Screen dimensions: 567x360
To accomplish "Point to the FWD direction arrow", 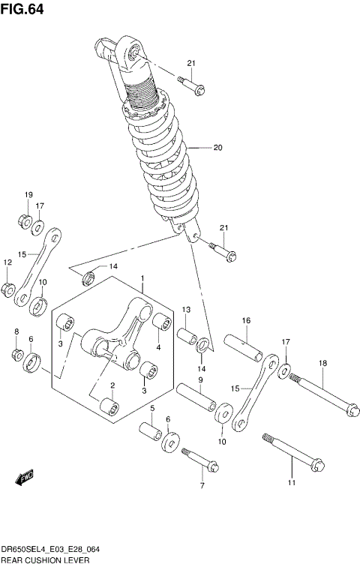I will [x=25, y=475].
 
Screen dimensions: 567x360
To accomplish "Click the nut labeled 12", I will [x=9, y=289].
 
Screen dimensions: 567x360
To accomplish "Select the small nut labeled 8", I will [x=16, y=353].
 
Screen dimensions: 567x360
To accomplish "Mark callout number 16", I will [x=245, y=321].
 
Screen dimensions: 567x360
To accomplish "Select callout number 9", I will [x=201, y=380].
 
